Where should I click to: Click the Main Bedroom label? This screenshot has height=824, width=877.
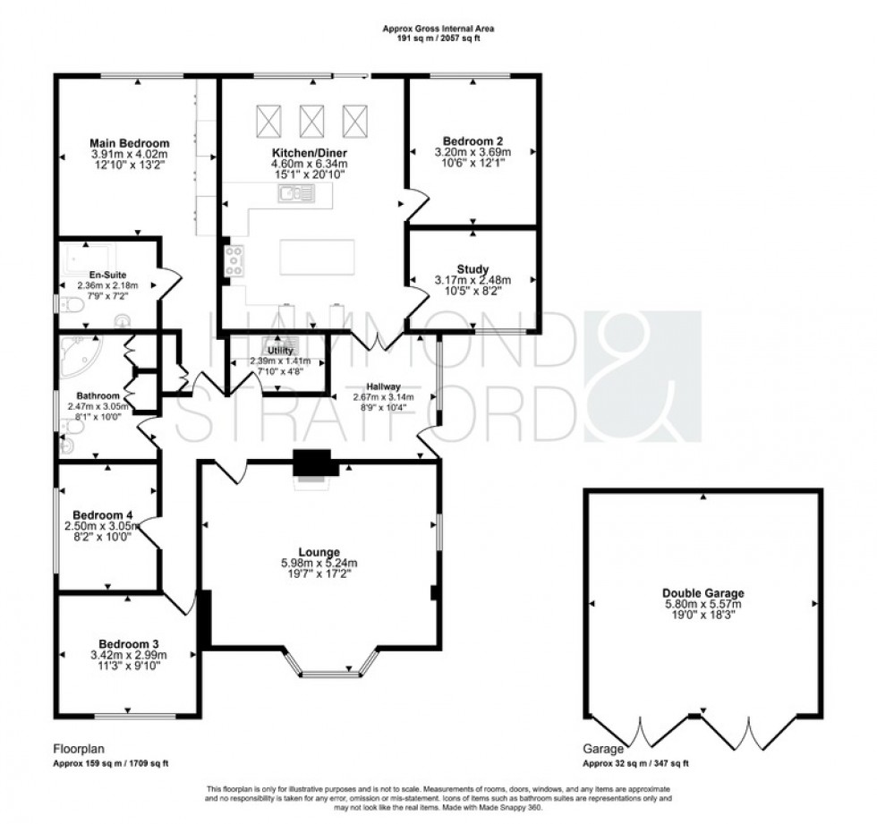(x=130, y=143)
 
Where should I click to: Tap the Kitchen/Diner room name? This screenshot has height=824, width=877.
(x=310, y=153)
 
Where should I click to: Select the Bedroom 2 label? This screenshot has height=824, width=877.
(x=473, y=140)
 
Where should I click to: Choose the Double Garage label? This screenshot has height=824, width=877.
(x=702, y=592)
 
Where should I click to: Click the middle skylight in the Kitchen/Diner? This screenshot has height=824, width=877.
(x=311, y=118)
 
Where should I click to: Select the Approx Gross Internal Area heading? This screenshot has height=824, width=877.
(x=438, y=29)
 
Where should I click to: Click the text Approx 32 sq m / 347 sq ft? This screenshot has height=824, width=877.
(x=635, y=764)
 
